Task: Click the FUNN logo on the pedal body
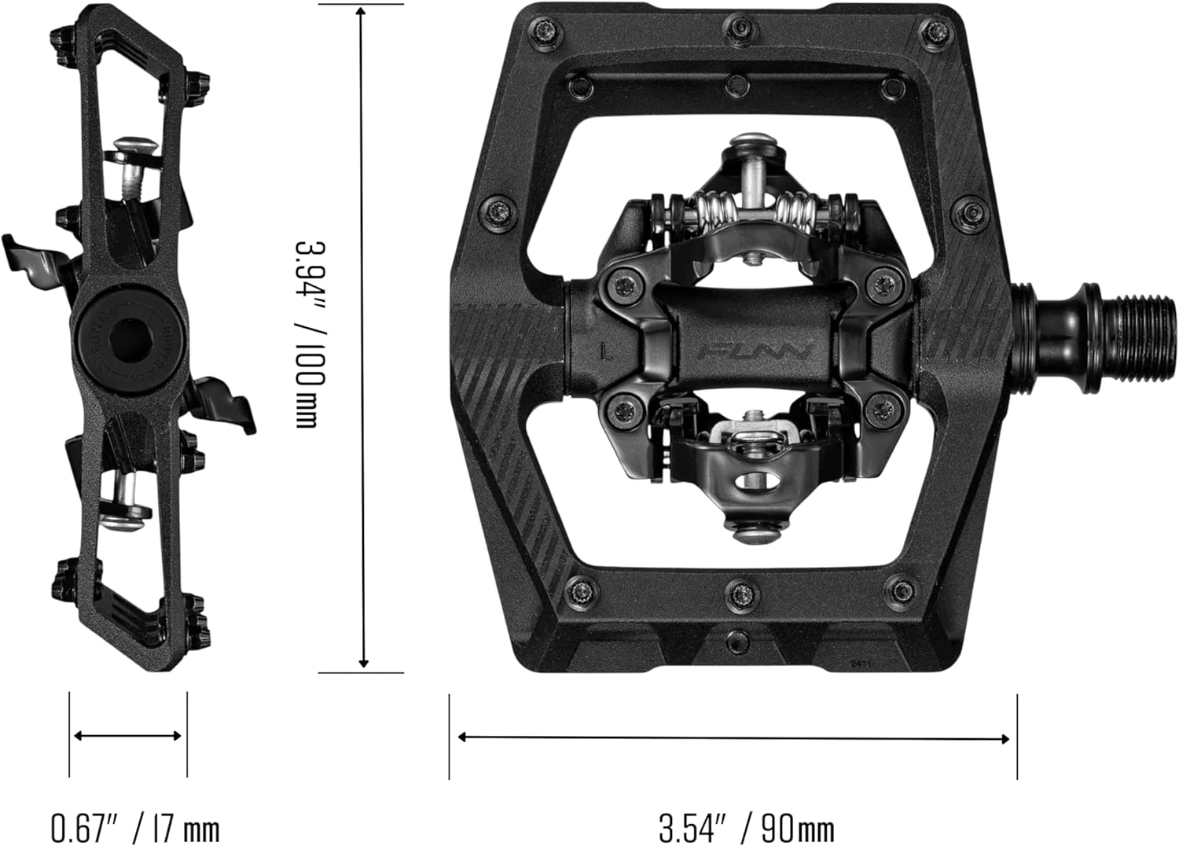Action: (755, 348)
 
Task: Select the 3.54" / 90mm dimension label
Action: (746, 827)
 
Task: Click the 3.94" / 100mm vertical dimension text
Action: (309, 334)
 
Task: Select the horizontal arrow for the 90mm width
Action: (733, 737)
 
